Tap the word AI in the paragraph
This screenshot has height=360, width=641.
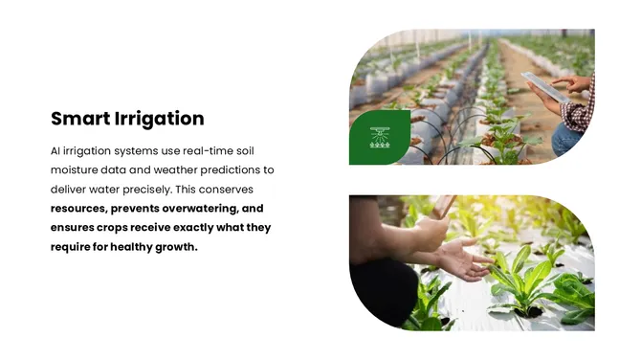click(x=56, y=151)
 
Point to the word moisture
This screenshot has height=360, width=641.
click(x=76, y=170)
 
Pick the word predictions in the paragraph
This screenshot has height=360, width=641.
click(x=236, y=170)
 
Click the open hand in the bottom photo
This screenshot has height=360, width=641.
click(x=460, y=259)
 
